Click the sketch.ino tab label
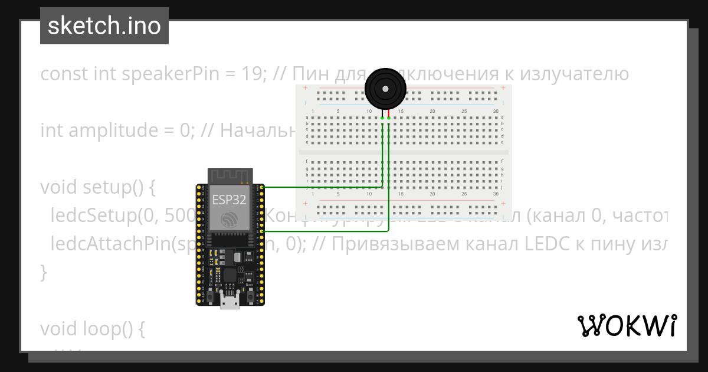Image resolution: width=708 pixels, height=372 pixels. point(104,26)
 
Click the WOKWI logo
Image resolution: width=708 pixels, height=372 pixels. point(627,325)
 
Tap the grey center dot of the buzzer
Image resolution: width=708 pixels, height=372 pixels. point(385,89)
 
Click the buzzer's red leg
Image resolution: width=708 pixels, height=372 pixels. point(389,113)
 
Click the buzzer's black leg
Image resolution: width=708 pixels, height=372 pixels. point(382,113)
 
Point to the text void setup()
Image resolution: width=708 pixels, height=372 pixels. point(97,187)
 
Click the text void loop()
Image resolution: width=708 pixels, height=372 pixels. point(92,328)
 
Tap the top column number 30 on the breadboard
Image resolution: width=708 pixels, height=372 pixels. point(496,112)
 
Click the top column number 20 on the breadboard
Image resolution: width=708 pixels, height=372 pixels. point(432,112)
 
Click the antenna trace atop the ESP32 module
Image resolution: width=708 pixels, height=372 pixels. point(230,176)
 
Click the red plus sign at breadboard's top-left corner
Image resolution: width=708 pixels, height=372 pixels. point(305,89)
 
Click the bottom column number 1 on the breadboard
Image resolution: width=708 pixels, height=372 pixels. point(313,194)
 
